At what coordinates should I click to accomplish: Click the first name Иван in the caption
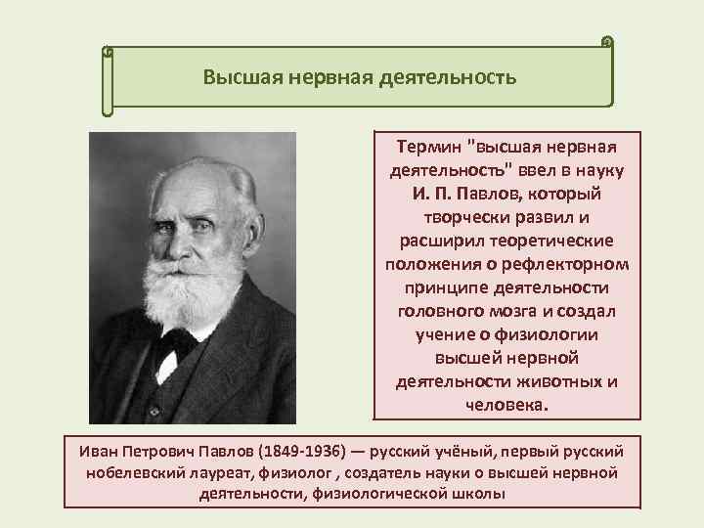click(100, 452)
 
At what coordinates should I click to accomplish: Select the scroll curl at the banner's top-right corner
click(607, 42)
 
